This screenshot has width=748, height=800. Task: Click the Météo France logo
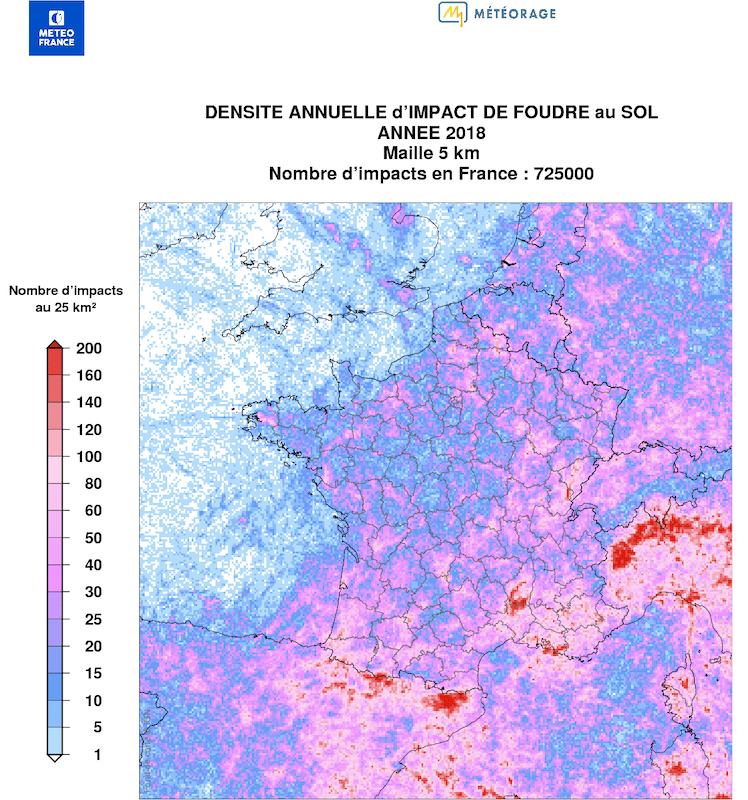click(x=56, y=28)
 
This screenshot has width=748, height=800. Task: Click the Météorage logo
click(x=496, y=13)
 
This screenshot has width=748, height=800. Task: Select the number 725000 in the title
click(x=564, y=173)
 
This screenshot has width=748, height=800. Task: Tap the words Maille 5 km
click(x=431, y=153)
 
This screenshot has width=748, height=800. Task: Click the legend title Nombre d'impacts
click(x=66, y=290)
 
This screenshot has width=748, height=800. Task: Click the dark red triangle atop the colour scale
click(x=56, y=343)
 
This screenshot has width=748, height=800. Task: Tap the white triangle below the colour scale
click(x=56, y=759)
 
